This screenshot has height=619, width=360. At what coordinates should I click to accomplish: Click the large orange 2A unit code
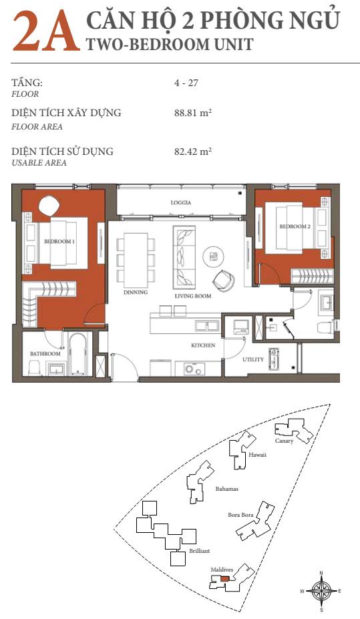46,32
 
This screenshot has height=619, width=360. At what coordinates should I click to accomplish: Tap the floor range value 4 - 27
186,83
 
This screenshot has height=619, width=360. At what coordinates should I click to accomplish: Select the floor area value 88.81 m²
193,113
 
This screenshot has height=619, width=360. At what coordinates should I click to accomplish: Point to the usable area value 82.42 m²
193,151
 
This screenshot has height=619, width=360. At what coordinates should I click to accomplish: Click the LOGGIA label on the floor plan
181,202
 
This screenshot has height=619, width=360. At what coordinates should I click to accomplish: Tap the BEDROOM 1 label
59,241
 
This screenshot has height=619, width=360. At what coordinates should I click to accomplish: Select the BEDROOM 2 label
295,226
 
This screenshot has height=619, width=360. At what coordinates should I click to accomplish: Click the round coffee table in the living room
214,256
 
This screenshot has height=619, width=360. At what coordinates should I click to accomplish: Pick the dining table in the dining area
136,260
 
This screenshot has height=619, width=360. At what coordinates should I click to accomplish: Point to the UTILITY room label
253,359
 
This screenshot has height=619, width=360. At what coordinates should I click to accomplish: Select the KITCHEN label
203,345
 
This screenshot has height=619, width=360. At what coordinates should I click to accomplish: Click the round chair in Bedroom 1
49,206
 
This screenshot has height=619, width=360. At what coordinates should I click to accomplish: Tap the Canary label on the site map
285,441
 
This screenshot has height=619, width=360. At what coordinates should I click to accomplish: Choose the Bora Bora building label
240,515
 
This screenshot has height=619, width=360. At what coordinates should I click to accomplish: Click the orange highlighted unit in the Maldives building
224,579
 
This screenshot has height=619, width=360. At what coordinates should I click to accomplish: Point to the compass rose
321,591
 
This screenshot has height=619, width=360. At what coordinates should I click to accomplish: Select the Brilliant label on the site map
199,551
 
